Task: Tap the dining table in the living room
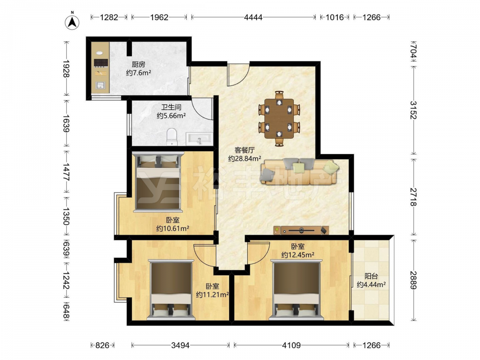point(279,118)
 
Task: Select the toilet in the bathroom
point(172,137)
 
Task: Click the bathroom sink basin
point(199,139)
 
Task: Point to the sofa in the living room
point(300,171)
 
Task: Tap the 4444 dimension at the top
point(253,17)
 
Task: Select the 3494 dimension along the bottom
point(180,346)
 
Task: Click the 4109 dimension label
point(291,346)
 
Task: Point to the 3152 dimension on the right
point(413,110)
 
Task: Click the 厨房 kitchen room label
point(138,64)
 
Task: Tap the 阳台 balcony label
point(371,276)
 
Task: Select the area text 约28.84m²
point(245,158)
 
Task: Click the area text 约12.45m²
point(298,255)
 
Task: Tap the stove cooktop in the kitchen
point(101,63)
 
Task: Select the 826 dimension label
point(102,346)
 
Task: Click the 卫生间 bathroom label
point(171,107)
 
